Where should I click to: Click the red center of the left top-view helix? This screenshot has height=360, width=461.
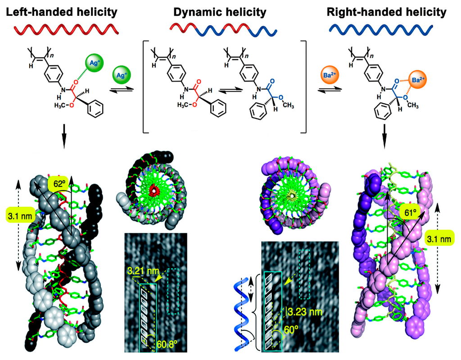click(x=155, y=191)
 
